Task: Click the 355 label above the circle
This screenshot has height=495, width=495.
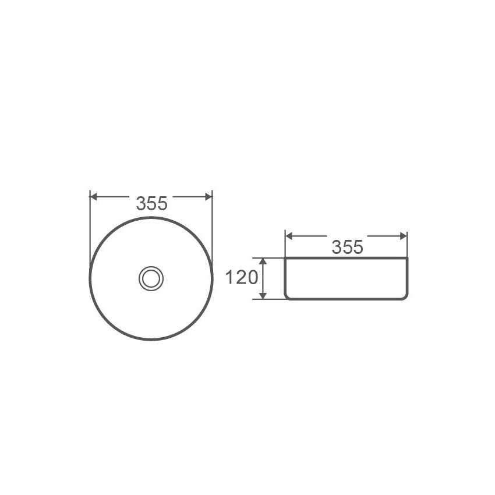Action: (x=151, y=203)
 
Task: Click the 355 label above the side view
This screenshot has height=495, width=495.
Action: (x=347, y=247)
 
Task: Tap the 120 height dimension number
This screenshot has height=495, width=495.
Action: (x=241, y=278)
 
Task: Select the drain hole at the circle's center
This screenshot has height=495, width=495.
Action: (x=151, y=278)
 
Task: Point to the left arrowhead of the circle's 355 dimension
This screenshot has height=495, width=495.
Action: (x=94, y=197)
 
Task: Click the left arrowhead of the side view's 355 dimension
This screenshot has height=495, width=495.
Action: (x=289, y=236)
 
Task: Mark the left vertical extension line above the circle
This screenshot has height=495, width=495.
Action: (x=89, y=221)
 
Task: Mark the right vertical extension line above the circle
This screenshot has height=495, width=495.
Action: (x=213, y=221)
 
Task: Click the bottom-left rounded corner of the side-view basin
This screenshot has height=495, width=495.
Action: (x=287, y=297)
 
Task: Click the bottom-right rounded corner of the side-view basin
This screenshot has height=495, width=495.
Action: (x=405, y=297)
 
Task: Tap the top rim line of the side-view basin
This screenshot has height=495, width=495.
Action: (x=346, y=258)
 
